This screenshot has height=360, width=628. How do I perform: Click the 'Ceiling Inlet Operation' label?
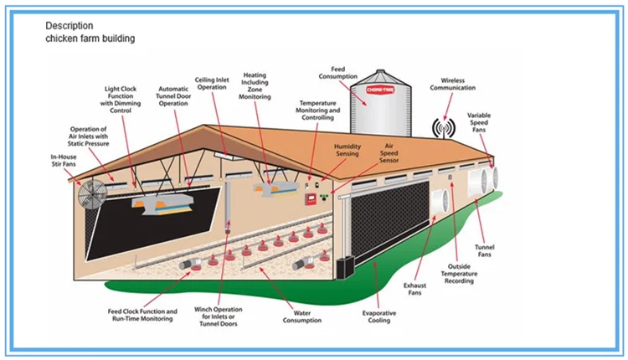(x=214, y=82)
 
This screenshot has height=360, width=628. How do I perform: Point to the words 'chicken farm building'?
(x=90, y=39)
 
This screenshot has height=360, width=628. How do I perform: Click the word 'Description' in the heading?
(x=69, y=26)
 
